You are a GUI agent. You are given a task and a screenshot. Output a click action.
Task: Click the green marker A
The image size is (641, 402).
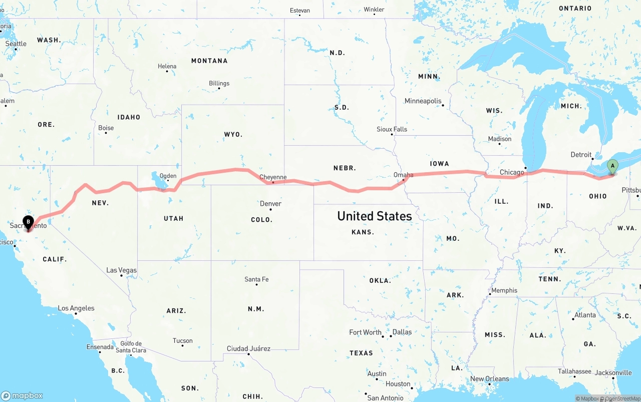pyautogui.click(x=612, y=166)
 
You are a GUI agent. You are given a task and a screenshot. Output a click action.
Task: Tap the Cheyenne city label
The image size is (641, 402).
pyautogui.click(x=273, y=177)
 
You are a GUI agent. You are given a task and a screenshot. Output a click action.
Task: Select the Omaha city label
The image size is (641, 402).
pyautogui.click(x=404, y=175)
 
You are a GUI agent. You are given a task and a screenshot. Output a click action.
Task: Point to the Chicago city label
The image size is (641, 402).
pyautogui.click(x=512, y=172)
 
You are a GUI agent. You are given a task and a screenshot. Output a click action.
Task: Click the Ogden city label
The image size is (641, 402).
pyautogui.click(x=168, y=176)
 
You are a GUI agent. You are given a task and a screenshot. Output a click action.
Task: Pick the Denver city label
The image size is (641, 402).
pyautogui.click(x=270, y=204)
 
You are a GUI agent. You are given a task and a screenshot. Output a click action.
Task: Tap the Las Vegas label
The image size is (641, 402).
pyautogui.click(x=121, y=270)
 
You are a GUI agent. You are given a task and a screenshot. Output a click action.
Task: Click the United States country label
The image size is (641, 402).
pyautogui.click(x=375, y=216)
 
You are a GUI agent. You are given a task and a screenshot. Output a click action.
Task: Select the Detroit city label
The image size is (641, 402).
pyautogui.click(x=581, y=155)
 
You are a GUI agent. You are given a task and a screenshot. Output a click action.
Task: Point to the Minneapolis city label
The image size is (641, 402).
pyautogui.click(x=423, y=101)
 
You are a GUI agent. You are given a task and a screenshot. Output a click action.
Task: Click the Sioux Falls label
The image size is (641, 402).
pyautogui.click(x=392, y=129)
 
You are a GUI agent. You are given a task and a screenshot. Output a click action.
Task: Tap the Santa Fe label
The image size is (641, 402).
pyautogui.click(x=256, y=279)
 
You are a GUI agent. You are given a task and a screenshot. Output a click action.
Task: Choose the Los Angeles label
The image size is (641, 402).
pyautogui.click(x=76, y=308)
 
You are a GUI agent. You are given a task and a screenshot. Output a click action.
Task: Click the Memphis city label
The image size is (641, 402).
pyautogui.click(x=504, y=290)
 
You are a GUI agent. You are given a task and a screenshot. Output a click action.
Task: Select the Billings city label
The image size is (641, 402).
pyautogui.click(x=219, y=83)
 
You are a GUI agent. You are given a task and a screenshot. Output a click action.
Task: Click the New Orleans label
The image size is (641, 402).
pyautogui.click(x=489, y=379)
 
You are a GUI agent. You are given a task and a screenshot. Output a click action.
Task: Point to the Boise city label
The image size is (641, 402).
pyautogui.click(x=106, y=128)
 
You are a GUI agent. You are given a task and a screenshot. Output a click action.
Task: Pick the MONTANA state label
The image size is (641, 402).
pyautogui.click(x=209, y=61)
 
